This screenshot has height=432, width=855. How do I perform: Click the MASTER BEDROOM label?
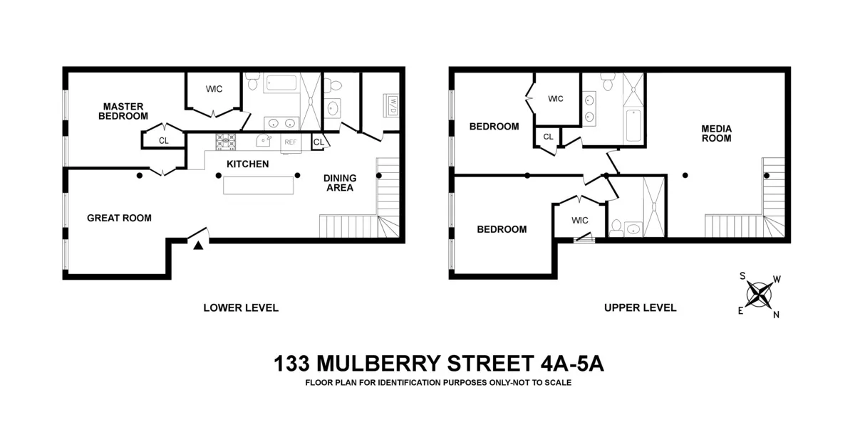click(124, 110)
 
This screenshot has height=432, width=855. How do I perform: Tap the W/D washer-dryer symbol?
click(392, 105)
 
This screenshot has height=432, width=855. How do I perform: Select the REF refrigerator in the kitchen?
click(291, 142)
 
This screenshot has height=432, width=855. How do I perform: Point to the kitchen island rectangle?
click(258, 186)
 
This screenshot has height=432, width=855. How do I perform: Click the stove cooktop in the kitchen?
click(226, 141)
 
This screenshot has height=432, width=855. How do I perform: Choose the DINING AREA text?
click(338, 183)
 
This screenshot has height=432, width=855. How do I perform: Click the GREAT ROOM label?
click(119, 218)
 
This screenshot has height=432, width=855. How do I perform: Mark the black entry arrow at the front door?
click(199, 246)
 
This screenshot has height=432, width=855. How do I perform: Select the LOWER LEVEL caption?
click(241, 308)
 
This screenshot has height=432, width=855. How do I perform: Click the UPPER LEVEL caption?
click(640, 308)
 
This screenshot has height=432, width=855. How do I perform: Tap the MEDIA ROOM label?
click(716, 133)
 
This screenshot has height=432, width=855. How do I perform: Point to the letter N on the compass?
click(776, 315)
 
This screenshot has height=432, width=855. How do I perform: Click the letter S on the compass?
click(742, 276)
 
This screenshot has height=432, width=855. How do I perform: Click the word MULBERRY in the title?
click(379, 364)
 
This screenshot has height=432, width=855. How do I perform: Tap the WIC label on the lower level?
click(214, 89)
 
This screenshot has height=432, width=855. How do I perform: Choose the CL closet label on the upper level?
click(548, 137)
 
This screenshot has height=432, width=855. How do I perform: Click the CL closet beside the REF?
click(318, 142)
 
